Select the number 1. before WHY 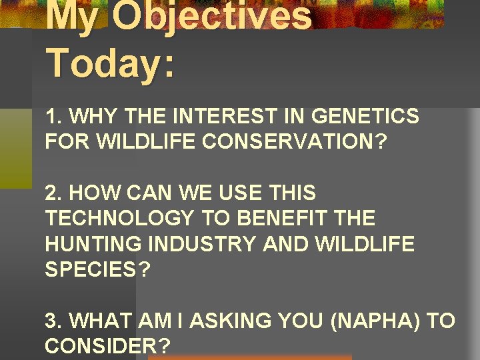point(54,117)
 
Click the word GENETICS point(365,117)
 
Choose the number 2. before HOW point(54,194)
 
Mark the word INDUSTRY point(203,245)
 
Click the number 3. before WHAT point(54,321)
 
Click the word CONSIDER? point(107,347)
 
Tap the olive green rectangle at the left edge point(15,147)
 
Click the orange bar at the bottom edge point(249,357)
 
